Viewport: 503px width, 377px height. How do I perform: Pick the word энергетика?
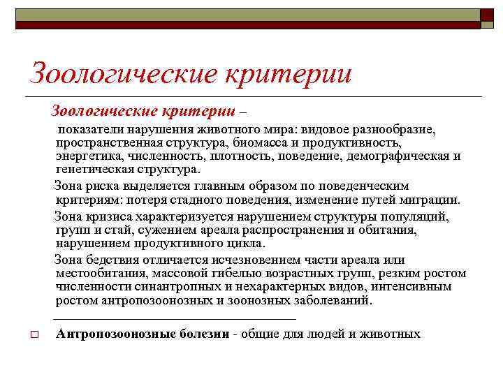86,156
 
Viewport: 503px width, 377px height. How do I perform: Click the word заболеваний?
335,300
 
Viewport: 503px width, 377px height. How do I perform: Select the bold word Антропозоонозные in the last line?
112,334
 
